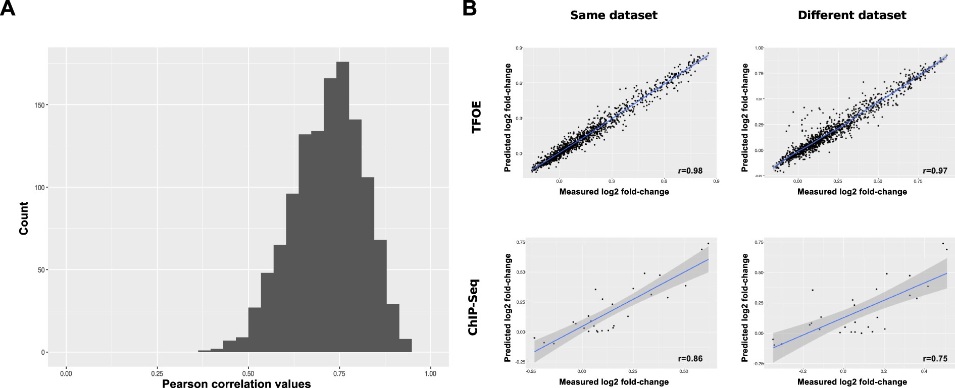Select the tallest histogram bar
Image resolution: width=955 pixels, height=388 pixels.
click(342, 207)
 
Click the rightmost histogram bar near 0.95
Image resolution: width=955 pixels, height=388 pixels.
click(406, 346)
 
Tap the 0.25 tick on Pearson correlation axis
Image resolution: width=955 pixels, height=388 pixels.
click(157, 373)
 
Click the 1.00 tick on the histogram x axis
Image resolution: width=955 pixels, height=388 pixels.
click(430, 373)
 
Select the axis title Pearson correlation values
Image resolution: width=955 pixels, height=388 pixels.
click(236, 384)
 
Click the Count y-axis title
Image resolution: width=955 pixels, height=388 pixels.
click(23, 218)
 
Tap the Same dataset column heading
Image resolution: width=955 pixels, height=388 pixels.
click(614, 15)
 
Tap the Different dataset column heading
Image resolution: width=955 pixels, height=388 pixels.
click(852, 15)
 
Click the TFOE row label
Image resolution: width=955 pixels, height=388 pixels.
click(476, 117)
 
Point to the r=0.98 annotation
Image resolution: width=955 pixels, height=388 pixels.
click(690, 171)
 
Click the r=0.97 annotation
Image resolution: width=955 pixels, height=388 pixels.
click(935, 171)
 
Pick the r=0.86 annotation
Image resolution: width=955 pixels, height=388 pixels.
click(690, 359)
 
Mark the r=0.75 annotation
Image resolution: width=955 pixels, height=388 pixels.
click(935, 359)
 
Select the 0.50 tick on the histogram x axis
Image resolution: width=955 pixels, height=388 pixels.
click(248, 373)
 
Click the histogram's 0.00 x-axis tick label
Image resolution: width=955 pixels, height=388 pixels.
click(66, 373)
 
